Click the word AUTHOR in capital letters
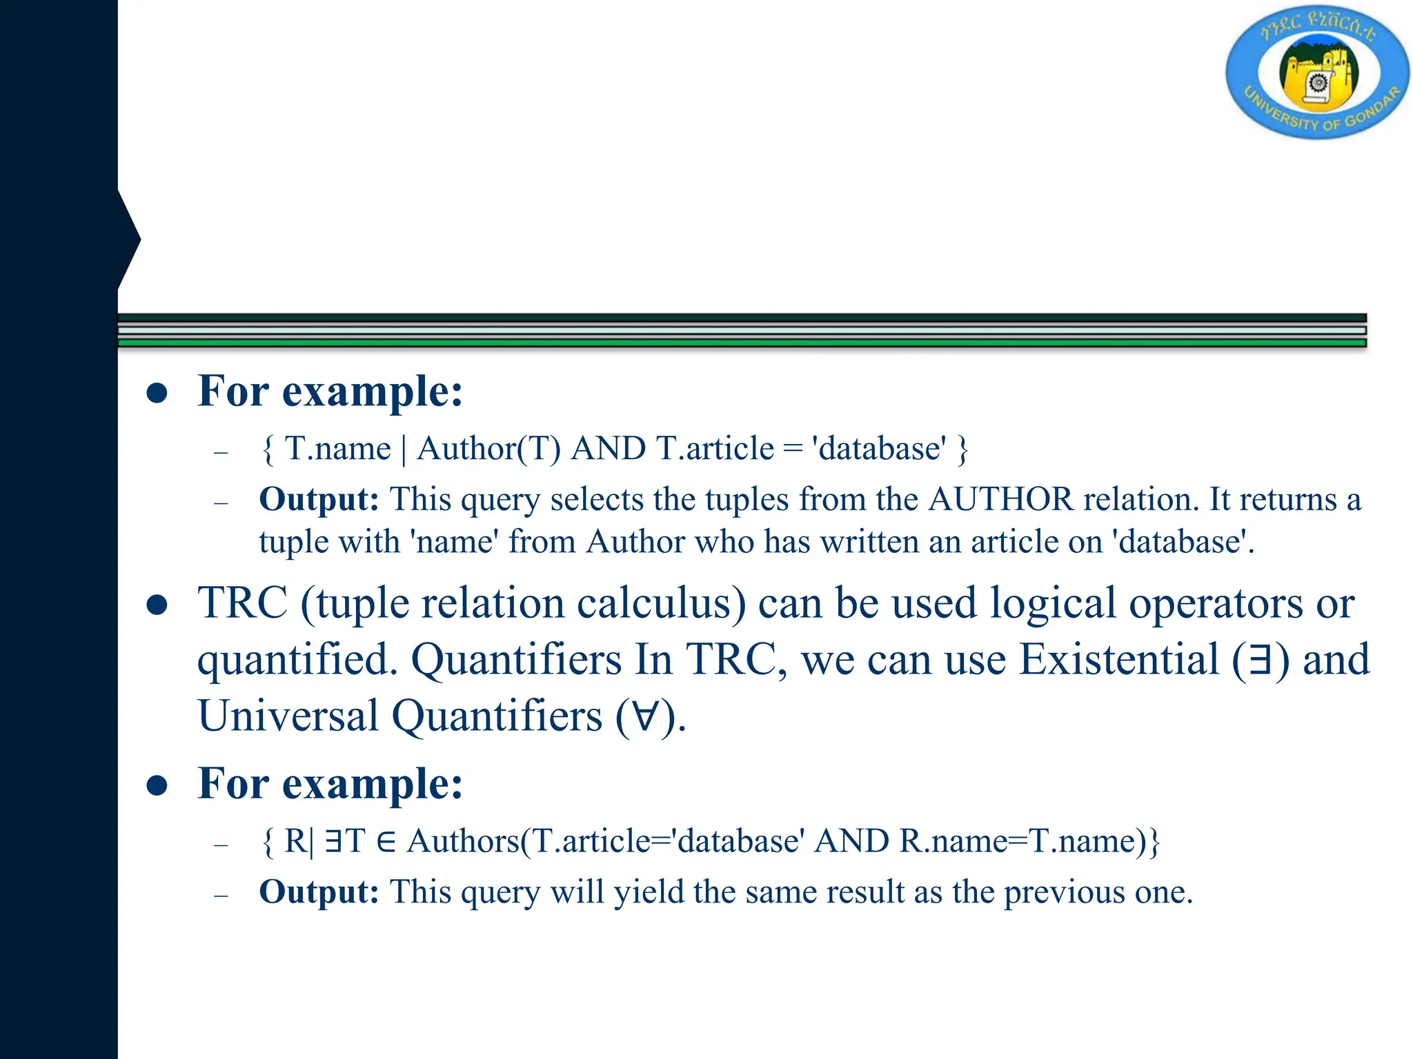point(1000,499)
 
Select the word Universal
point(288,716)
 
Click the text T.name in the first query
point(337,449)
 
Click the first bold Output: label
point(319,499)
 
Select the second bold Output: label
point(319,891)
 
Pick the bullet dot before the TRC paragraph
point(157,605)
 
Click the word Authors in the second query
point(463,841)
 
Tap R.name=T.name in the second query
point(1018,841)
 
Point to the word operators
point(1216,603)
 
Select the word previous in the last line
point(1063,891)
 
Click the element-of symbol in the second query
point(386,842)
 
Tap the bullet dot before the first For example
point(157,393)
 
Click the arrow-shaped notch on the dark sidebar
point(130,239)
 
